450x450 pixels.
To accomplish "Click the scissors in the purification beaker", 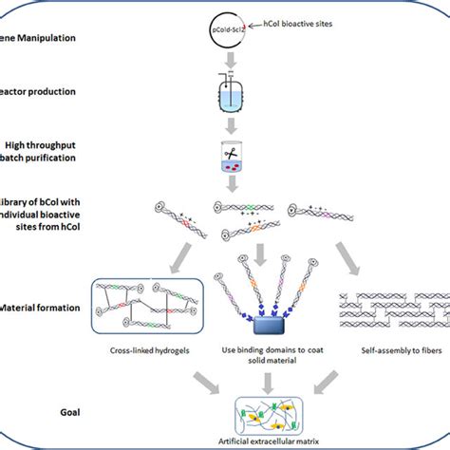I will click(229, 152).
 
